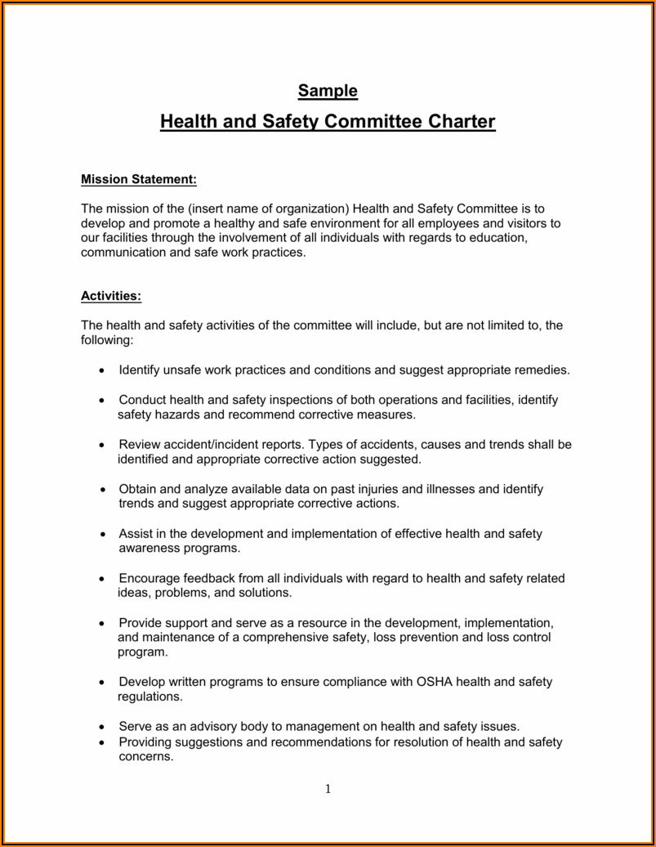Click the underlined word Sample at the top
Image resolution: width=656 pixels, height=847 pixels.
pyautogui.click(x=328, y=90)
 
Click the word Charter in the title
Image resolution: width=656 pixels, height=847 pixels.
pyautogui.click(x=462, y=123)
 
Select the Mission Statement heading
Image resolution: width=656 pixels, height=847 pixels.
pyautogui.click(x=139, y=179)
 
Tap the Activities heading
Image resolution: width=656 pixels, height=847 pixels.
pyautogui.click(x=111, y=295)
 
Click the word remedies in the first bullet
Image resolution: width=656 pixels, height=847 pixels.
pyautogui.click(x=541, y=370)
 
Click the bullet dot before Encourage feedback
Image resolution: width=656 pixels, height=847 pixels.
pyautogui.click(x=101, y=579)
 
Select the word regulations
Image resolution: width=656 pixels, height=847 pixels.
pyautogui.click(x=150, y=697)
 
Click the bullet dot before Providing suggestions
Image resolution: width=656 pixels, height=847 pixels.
pyautogui.click(x=101, y=743)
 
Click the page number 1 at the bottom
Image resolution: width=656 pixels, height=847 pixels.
pyautogui.click(x=328, y=789)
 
